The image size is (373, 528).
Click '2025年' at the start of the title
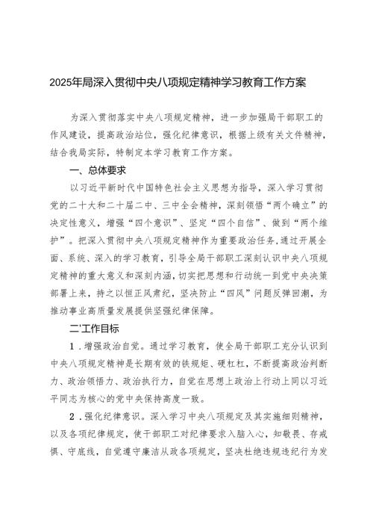(x=60, y=81)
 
